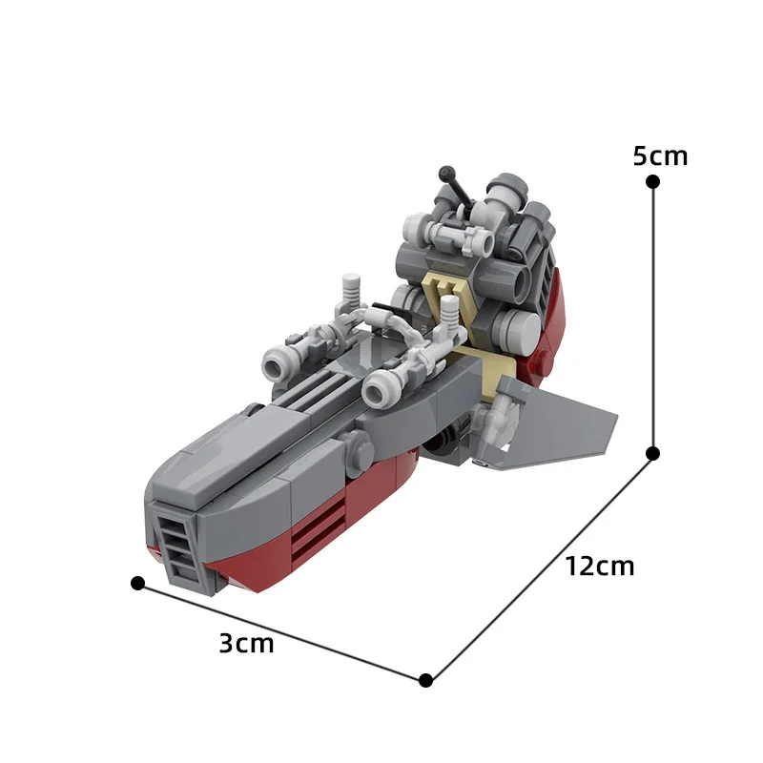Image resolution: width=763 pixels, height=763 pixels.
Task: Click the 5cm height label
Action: coord(660,155)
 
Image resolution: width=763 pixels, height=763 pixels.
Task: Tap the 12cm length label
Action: coord(599,566)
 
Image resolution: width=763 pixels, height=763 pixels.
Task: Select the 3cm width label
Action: coord(246,644)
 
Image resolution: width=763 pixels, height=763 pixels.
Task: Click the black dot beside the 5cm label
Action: coord(652,181)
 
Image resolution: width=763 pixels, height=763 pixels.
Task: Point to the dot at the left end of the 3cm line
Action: coord(137,582)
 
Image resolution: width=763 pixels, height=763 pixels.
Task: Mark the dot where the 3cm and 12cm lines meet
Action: coord(426,680)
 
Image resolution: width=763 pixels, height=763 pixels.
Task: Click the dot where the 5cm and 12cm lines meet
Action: coord(653,452)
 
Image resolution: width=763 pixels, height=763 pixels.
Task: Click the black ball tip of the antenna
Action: coord(445,173)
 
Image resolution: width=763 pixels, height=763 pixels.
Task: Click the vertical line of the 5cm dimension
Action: coord(653,315)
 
